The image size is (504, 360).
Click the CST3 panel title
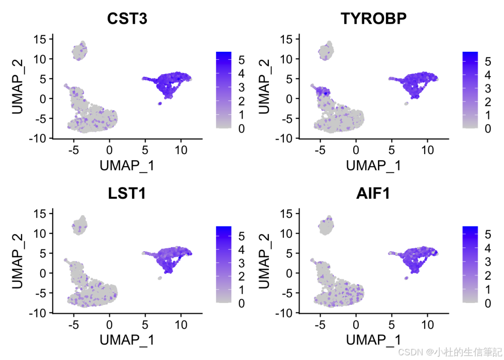(127, 19)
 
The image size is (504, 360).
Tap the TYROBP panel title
(373, 19)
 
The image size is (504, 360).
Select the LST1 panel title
(127, 193)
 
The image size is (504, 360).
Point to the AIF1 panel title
(373, 193)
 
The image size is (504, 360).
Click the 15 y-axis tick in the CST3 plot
(42, 39)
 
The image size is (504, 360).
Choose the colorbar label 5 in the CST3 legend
(241, 60)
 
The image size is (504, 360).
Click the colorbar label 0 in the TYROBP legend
(487, 129)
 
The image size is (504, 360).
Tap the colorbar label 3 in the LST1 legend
(241, 262)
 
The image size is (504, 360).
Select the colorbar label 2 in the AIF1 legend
(487, 276)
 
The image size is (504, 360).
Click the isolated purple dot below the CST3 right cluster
(160, 103)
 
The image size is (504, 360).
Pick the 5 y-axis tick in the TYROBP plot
(288, 79)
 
